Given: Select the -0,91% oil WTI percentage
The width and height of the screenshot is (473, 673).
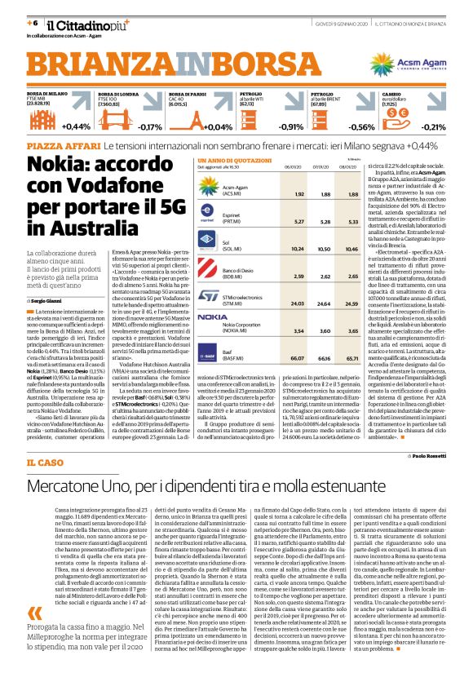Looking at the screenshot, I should click(291, 126).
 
